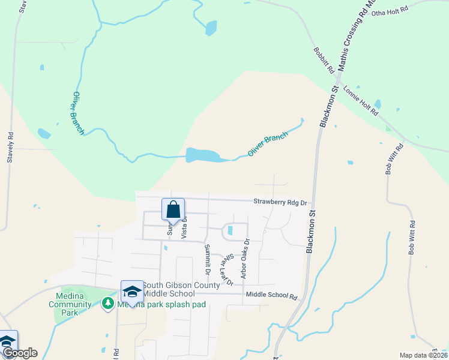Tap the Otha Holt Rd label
390,11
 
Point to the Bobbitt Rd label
324,61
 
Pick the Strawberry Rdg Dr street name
280,202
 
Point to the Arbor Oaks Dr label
245,257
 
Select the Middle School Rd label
272,296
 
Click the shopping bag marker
173,210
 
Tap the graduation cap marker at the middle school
132,292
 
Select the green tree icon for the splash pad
108,304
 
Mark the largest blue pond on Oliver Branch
200,155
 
